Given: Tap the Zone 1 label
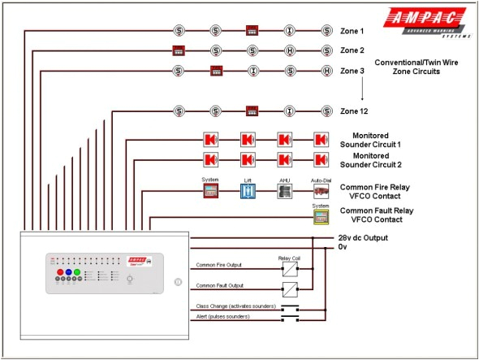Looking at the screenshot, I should click(x=352, y=31).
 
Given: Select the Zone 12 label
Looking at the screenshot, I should click(x=354, y=111).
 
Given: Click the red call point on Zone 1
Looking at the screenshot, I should click(x=252, y=31).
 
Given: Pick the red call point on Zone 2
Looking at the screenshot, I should click(x=178, y=50).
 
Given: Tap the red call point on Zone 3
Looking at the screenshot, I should click(x=216, y=71).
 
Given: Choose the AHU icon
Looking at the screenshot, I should click(x=284, y=192).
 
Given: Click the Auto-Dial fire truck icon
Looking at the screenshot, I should click(x=321, y=192).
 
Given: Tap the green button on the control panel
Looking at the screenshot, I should click(x=78, y=273).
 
